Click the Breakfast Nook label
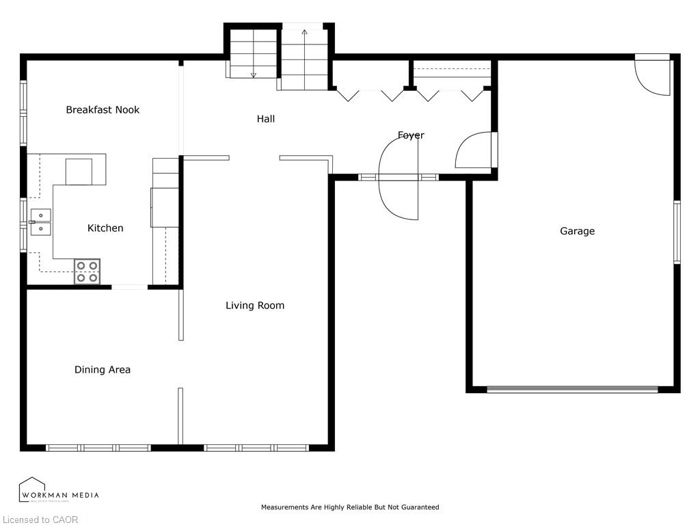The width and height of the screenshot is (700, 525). point(103,109)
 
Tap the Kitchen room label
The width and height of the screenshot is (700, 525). point(105,228)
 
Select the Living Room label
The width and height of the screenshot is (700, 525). point(255,306)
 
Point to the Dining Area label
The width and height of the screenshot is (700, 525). point(103,370)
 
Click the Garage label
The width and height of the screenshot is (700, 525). point(577,231)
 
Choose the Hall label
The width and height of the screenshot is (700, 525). point(266,119)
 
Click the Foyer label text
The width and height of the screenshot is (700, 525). point(411,135)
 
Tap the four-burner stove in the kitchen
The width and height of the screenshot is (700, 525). point(87,271)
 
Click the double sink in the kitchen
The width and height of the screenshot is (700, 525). point(40,222)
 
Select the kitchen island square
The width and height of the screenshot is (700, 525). point(79,172)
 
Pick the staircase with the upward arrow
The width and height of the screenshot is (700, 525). point(304,58)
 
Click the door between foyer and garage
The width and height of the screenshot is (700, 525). point(476,150)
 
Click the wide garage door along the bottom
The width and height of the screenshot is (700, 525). point(572,390)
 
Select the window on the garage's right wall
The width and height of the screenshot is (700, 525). point(676,232)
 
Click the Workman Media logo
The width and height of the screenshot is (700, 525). point(58,491)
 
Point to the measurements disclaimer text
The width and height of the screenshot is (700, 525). point(350,507)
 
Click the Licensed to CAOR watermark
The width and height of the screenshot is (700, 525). point(40,520)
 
